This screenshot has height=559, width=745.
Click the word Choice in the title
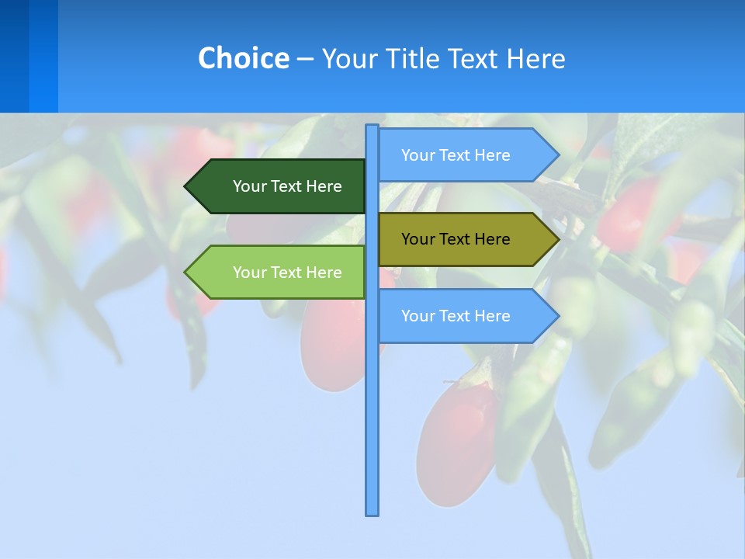point(243,58)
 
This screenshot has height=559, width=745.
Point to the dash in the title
point(305,59)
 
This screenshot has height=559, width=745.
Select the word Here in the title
point(535,58)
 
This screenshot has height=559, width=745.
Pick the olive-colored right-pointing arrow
point(466,239)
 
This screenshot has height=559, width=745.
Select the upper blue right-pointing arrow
point(466,155)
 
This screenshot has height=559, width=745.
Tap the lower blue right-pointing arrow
point(466,316)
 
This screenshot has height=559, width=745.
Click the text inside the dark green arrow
point(287,186)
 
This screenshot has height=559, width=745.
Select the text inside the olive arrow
point(456,239)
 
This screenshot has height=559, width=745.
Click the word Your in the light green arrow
point(249,273)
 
